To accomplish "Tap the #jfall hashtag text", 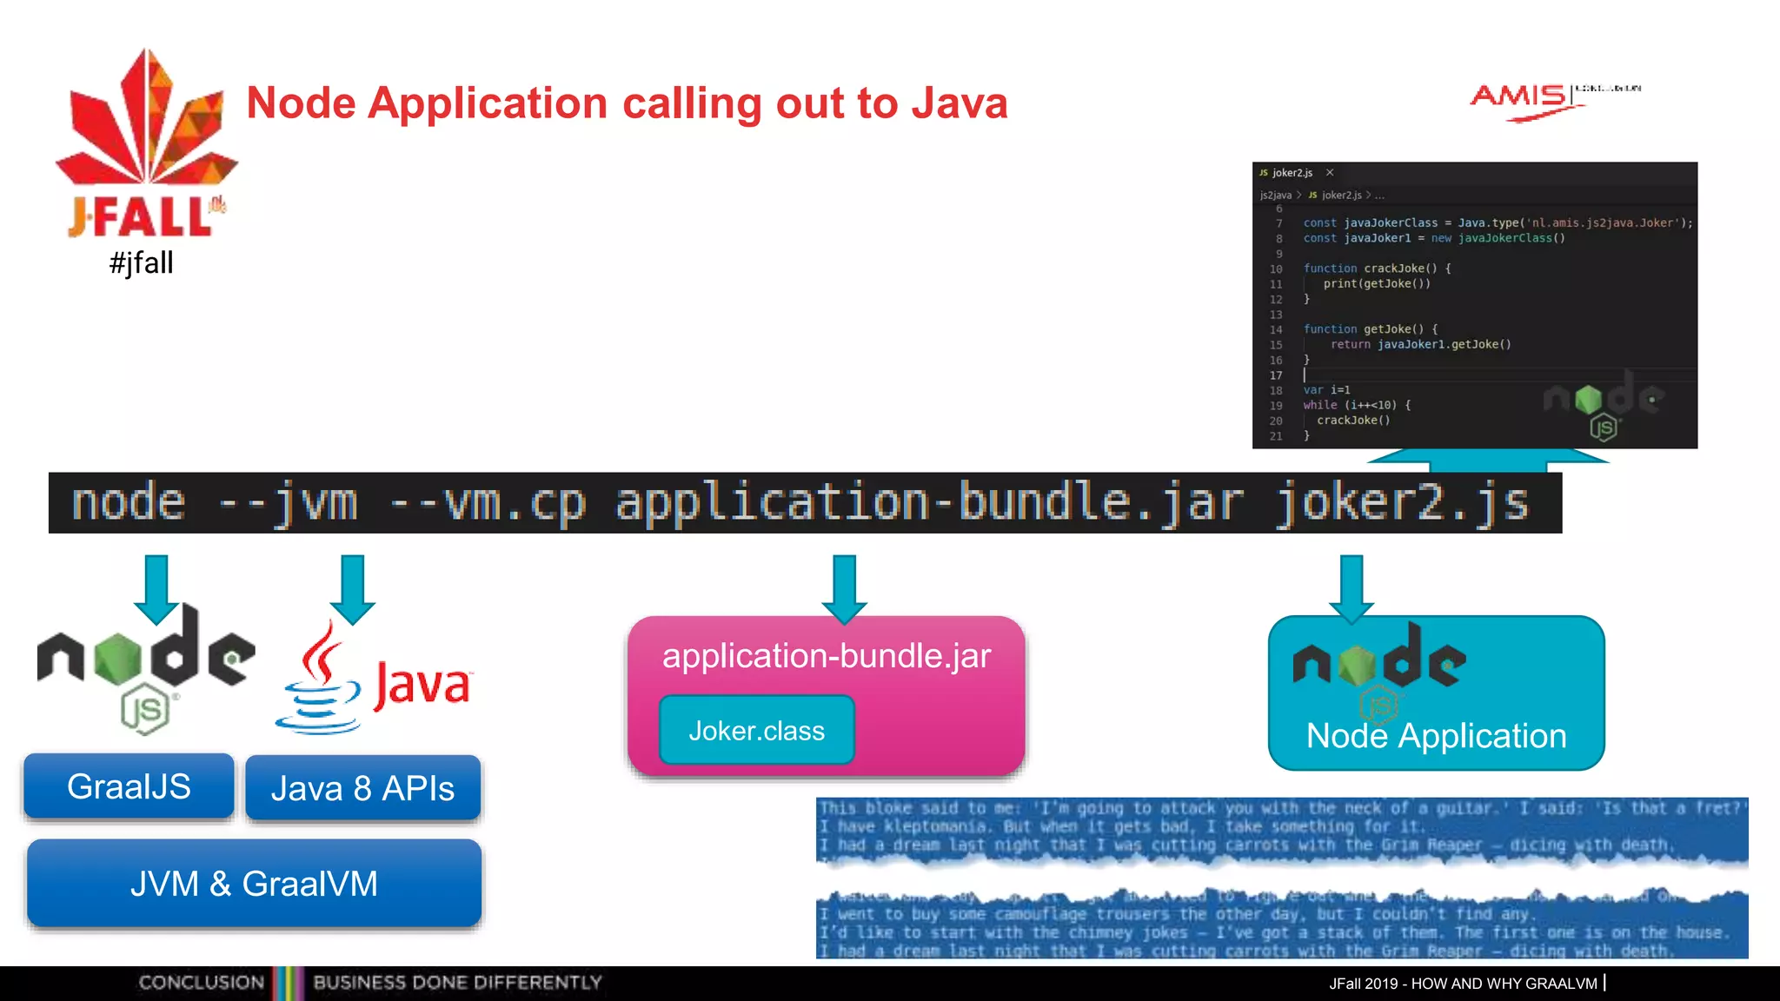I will [142, 262].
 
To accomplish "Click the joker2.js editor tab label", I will [1292, 173].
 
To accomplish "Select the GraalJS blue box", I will [129, 786].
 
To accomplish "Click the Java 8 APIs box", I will [362, 788].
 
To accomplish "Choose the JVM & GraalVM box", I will [254, 884].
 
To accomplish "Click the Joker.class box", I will [756, 731].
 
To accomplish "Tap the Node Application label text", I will [1436, 736].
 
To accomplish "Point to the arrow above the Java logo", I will [352, 589].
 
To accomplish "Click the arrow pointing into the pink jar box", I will [844, 589].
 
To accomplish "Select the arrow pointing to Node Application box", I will [1352, 589].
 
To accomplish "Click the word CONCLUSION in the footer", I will [201, 983].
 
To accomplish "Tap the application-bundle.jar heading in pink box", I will [826, 656].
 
